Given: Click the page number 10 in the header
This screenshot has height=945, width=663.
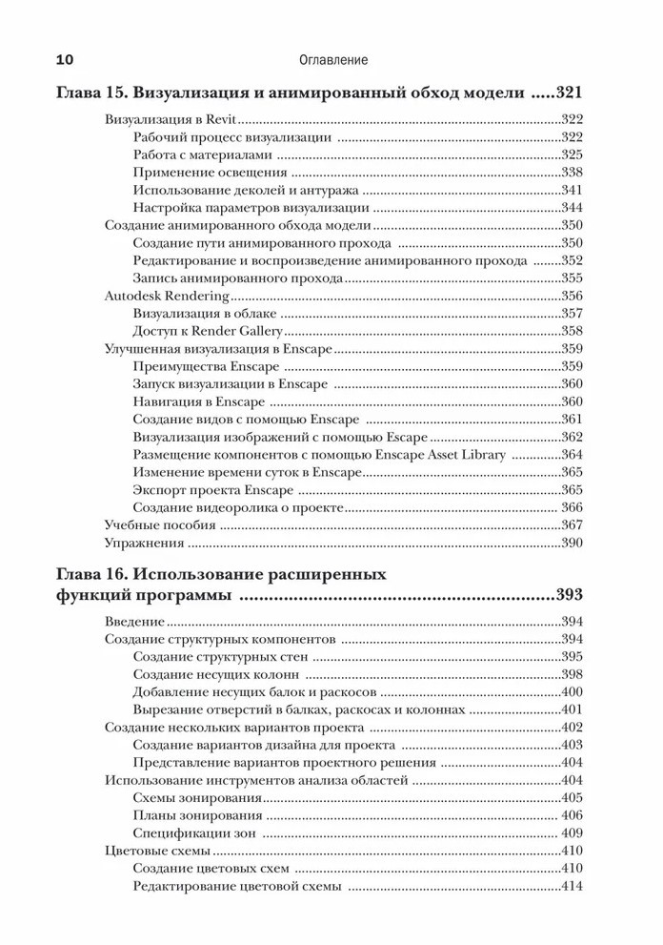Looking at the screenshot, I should tap(66, 59).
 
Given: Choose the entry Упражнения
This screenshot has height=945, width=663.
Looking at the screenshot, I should tap(144, 542).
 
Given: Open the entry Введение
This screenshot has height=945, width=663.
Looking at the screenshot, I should tap(129, 622).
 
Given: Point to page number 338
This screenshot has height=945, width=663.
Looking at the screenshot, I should tap(572, 173).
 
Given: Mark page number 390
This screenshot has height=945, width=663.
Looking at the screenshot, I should tap(572, 542).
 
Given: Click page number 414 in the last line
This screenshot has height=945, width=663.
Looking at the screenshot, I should tap(572, 885).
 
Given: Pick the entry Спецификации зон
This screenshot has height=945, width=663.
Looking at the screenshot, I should tap(191, 832).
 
